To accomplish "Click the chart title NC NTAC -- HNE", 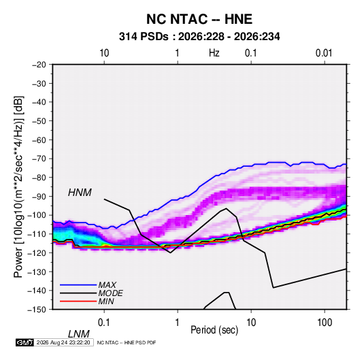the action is [x=199, y=19].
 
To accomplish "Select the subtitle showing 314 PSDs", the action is [x=199, y=37].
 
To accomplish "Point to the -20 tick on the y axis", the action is [x=39, y=65].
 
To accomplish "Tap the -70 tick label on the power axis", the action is [x=39, y=159].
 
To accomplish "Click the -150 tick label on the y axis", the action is [x=37, y=310].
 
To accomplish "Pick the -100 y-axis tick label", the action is [x=37, y=215].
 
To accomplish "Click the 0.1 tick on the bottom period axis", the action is [x=103, y=323].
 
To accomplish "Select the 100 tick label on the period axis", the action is [x=325, y=323].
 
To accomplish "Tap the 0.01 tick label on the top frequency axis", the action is [x=324, y=53].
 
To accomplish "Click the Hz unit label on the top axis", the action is [x=214, y=53].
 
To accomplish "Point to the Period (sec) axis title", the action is [x=214, y=330].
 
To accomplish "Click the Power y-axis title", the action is [x=18, y=186].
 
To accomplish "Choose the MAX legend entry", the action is [x=107, y=284].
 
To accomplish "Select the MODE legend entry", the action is [x=110, y=293].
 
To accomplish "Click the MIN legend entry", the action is [x=106, y=301].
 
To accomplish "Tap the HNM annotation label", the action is [x=80, y=193].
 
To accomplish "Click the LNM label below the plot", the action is [x=79, y=334].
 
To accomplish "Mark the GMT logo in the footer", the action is [x=25, y=342].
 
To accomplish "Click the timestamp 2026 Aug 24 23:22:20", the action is [x=63, y=342].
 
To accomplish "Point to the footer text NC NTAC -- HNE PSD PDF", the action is [x=127, y=342].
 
